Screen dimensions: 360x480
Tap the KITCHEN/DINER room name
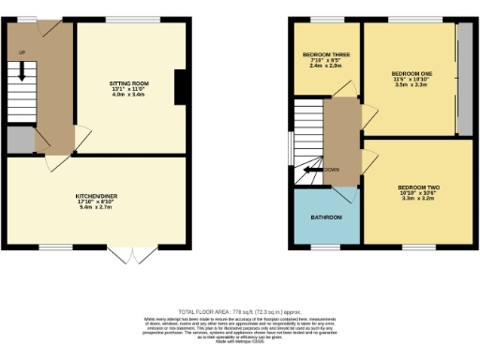[96, 196]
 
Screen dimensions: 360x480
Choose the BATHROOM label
[326, 217]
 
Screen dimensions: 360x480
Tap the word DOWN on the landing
[331, 171]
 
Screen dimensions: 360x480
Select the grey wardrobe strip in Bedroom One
[463, 78]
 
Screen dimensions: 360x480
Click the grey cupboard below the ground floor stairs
[18, 140]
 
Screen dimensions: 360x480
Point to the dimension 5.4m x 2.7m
[96, 207]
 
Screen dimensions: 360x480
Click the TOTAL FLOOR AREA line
[240, 310]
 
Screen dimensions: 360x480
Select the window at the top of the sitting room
[129, 20]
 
